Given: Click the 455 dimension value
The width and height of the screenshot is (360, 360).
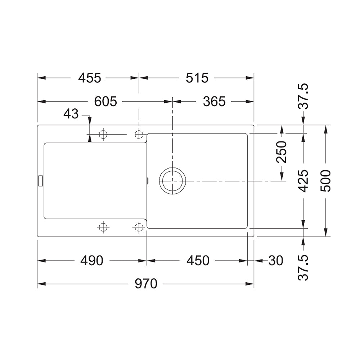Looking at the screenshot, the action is click(x=90, y=78).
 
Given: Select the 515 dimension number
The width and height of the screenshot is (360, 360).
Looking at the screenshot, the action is click(x=197, y=78).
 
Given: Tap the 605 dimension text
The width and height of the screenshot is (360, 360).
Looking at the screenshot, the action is click(x=105, y=102).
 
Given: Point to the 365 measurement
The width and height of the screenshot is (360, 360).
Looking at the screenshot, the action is click(x=214, y=102).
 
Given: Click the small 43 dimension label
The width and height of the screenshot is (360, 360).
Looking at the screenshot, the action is click(x=71, y=114).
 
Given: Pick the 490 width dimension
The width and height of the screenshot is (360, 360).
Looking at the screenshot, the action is click(x=91, y=261).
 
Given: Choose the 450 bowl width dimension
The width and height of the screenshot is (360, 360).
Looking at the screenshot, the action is click(x=198, y=261).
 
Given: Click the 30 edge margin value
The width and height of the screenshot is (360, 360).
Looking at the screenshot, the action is click(x=275, y=261).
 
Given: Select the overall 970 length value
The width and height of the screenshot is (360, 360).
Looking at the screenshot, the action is click(x=146, y=284).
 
